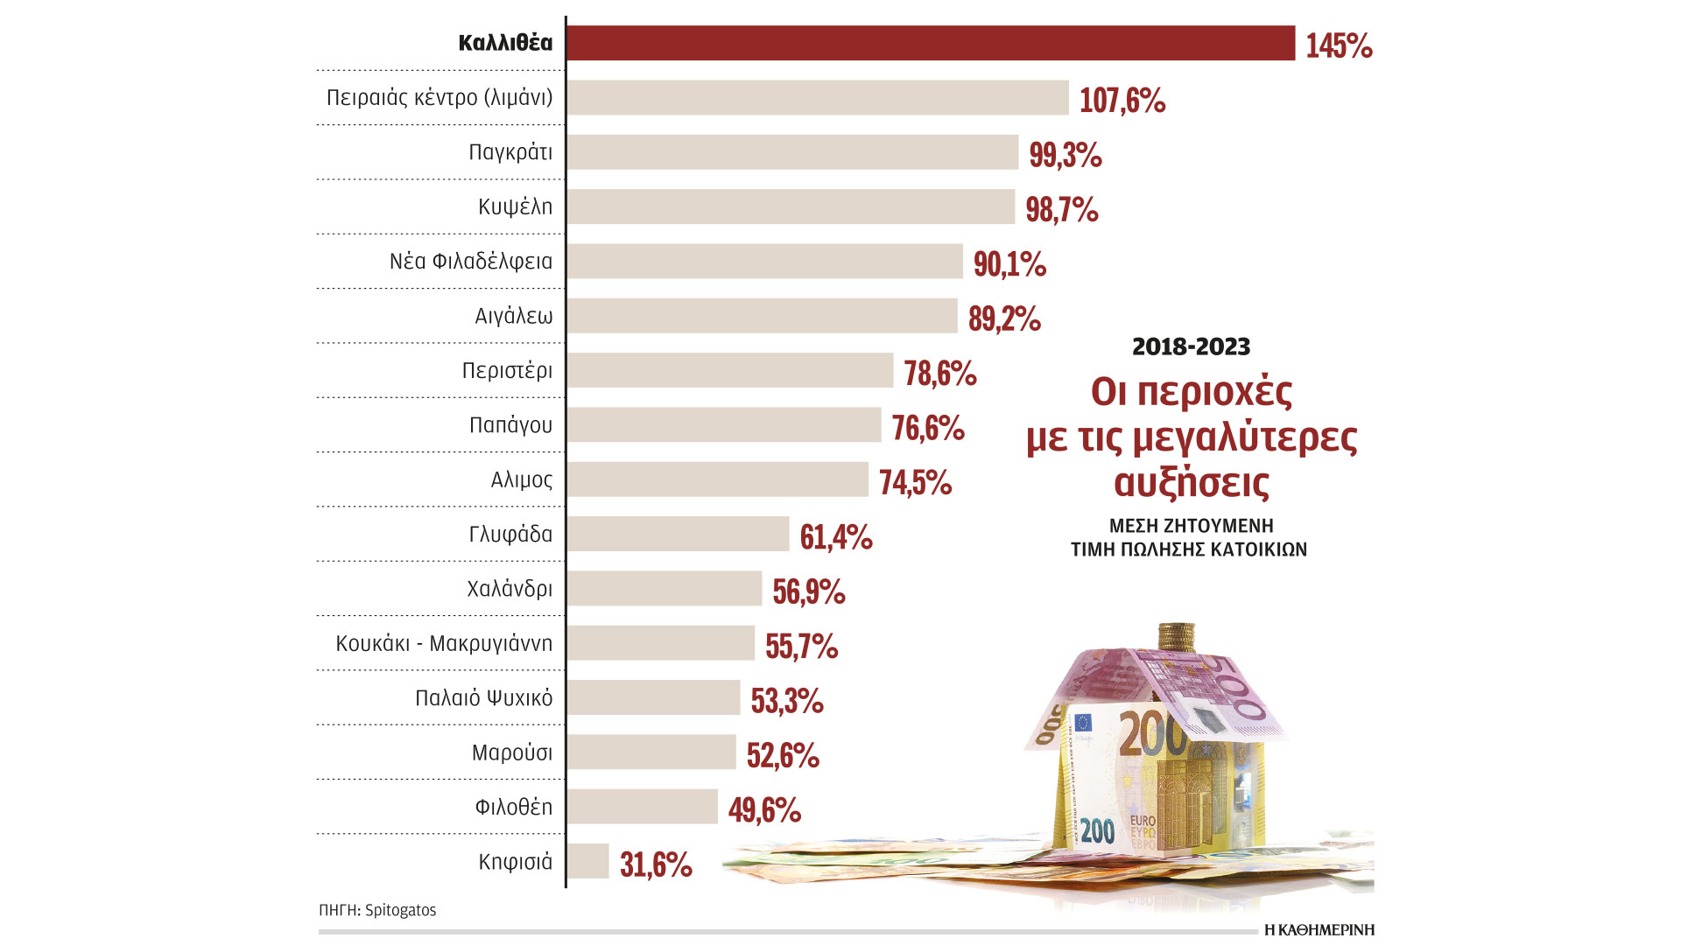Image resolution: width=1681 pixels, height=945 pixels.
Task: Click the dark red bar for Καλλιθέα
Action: (x=931, y=43)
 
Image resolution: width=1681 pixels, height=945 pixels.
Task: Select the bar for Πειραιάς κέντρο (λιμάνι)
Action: (x=818, y=98)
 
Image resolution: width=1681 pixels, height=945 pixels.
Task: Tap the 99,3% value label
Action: (x=1065, y=155)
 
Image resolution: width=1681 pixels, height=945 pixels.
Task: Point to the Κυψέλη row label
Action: (x=515, y=206)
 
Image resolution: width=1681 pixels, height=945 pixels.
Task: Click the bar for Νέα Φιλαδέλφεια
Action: (x=764, y=262)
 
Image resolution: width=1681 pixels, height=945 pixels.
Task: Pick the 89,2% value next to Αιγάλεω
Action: (x=1004, y=318)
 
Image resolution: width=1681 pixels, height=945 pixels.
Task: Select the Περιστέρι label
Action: (x=507, y=370)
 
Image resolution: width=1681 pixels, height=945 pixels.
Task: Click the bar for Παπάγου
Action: (x=724, y=425)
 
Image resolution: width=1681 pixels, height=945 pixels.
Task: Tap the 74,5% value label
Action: (x=915, y=482)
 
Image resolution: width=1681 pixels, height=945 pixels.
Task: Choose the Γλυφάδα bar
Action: (x=678, y=534)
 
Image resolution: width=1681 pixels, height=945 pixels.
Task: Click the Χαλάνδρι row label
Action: (x=510, y=589)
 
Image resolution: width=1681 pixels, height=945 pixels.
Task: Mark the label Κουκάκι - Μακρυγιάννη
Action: (x=444, y=643)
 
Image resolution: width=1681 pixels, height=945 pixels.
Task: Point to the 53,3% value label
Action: (x=786, y=701)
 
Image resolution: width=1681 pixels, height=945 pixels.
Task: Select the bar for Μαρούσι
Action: (x=651, y=752)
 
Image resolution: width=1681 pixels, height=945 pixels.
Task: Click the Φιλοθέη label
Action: (x=513, y=807)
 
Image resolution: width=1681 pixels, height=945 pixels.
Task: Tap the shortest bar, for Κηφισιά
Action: (x=587, y=861)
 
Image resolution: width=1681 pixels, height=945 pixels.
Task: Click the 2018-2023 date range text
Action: (x=1191, y=346)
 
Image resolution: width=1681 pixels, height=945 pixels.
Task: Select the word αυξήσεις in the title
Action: (x=1191, y=482)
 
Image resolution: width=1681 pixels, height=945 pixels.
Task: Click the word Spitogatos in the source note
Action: (x=400, y=910)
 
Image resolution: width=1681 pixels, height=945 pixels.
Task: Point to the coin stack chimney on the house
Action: (x=1176, y=636)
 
